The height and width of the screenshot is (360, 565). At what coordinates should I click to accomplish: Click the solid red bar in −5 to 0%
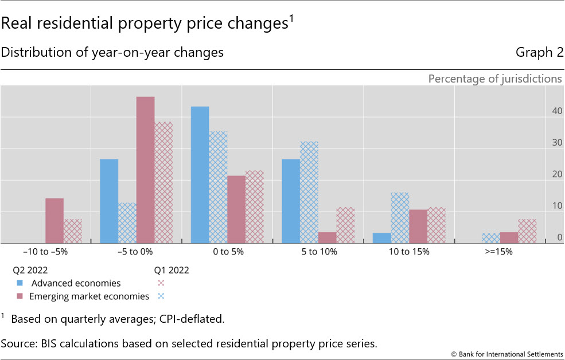(145, 170)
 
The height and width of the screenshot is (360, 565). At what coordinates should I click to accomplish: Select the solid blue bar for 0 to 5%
(200, 175)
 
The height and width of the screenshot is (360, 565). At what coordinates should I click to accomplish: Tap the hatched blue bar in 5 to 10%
(309, 193)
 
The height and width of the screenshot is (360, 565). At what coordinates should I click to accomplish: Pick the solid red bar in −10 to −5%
(54, 221)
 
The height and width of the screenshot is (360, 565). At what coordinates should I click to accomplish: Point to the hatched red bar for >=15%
(527, 231)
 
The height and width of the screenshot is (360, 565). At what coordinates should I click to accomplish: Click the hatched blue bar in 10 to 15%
(400, 218)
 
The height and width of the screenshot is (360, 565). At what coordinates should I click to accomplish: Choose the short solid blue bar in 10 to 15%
(381, 238)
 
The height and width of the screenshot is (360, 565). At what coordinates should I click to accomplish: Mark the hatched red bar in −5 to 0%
(163, 183)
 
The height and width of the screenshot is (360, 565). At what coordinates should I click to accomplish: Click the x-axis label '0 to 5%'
(227, 252)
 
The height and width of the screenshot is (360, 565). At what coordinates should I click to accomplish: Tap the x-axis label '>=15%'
(500, 252)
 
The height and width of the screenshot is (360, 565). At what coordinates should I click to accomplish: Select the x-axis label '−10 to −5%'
(45, 252)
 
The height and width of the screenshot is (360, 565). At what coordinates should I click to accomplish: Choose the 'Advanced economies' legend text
(76, 283)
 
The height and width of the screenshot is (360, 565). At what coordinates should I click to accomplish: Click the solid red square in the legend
(20, 296)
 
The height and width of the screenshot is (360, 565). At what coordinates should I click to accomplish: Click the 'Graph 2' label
(539, 53)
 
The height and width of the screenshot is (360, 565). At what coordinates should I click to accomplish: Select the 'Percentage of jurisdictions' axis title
(495, 79)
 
